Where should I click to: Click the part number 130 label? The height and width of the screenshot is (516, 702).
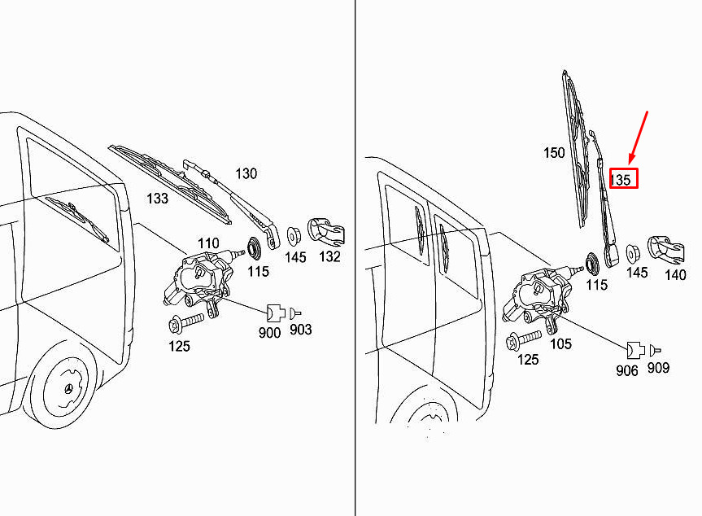click(246, 173)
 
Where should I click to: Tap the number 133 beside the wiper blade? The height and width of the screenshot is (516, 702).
click(157, 198)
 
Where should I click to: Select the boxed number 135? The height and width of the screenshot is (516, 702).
click(621, 179)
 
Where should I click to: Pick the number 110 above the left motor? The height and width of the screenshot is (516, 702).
click(208, 243)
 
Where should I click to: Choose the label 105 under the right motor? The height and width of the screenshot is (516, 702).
click(560, 343)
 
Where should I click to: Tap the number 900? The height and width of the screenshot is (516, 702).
click(269, 333)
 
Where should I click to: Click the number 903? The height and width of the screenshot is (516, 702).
click(301, 330)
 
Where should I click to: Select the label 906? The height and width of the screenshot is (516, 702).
click(627, 370)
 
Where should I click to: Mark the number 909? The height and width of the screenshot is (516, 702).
click(658, 368)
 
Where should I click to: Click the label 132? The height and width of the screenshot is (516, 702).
click(329, 257)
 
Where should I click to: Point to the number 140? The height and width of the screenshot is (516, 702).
click(675, 274)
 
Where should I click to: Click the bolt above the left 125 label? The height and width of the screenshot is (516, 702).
click(185, 323)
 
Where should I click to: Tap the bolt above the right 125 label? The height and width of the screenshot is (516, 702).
click(525, 338)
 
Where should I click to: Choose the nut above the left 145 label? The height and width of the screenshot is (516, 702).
click(294, 235)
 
